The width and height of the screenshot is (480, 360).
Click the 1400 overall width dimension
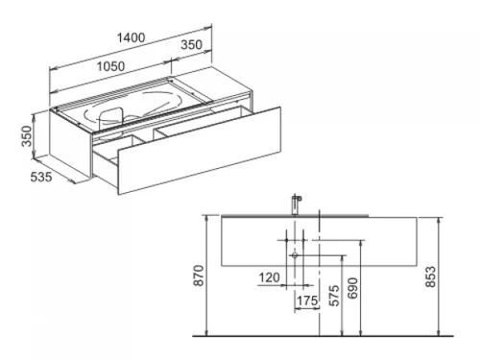pos(131,37)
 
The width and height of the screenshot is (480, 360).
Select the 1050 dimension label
pos(110,66)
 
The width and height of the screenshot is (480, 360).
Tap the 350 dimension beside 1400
pos(192,44)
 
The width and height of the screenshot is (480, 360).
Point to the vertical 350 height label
pos(27,136)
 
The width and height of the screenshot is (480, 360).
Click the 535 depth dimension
pos(41,177)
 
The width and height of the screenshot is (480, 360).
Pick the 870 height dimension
pos(199,276)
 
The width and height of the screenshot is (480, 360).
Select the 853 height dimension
pos(431,276)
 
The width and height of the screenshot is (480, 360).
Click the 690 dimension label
pos(352,288)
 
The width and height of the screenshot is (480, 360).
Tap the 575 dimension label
pos(334,296)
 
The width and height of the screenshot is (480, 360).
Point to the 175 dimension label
pos(307,300)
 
